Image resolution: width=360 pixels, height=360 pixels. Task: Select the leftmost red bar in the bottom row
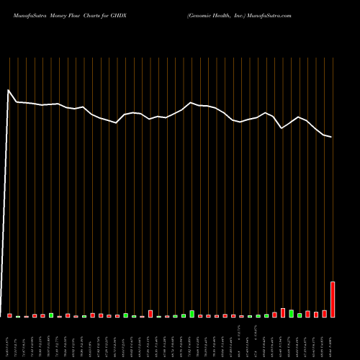point(10,315)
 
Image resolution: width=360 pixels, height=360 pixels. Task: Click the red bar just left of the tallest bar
point(324,314)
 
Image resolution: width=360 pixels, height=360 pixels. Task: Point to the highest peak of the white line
point(8,90)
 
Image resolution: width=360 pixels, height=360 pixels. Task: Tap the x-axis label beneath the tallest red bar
point(333,338)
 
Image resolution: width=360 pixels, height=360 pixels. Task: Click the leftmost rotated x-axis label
point(10,338)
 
